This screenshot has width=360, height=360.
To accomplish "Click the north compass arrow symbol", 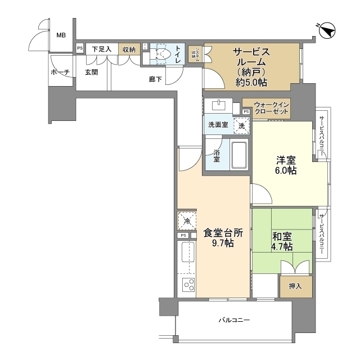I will pyautogui.click(x=327, y=29).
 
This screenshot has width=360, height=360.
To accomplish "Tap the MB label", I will pyautogui.click(x=61, y=35).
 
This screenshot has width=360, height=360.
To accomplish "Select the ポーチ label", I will pyautogui.click(x=60, y=72).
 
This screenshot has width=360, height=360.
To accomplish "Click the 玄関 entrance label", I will pyautogui.click(x=92, y=72).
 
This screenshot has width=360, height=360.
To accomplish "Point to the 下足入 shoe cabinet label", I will pyautogui.click(x=102, y=49).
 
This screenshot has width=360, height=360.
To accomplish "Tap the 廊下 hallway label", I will pyautogui.click(x=156, y=79).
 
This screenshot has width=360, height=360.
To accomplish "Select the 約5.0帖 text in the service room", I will pyautogui.click(x=251, y=83).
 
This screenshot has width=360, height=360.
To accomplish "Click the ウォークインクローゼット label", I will pyautogui.click(x=272, y=108).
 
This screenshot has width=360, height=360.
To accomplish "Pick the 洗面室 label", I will pyautogui.click(x=218, y=125).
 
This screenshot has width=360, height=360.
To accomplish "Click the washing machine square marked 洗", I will pyautogui.click(x=242, y=125).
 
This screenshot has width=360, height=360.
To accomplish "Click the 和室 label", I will pyautogui.click(x=281, y=235).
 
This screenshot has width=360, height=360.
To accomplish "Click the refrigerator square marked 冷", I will pyautogui.click(x=186, y=220).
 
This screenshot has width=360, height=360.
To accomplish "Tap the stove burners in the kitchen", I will pyautogui.click(x=187, y=284).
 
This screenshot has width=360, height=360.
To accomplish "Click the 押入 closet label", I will pyautogui.click(x=295, y=286).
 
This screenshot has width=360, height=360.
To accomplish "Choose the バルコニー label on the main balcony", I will pyautogui.click(x=234, y=321).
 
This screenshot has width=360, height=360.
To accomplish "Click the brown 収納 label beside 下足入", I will pyautogui.click(x=128, y=49).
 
